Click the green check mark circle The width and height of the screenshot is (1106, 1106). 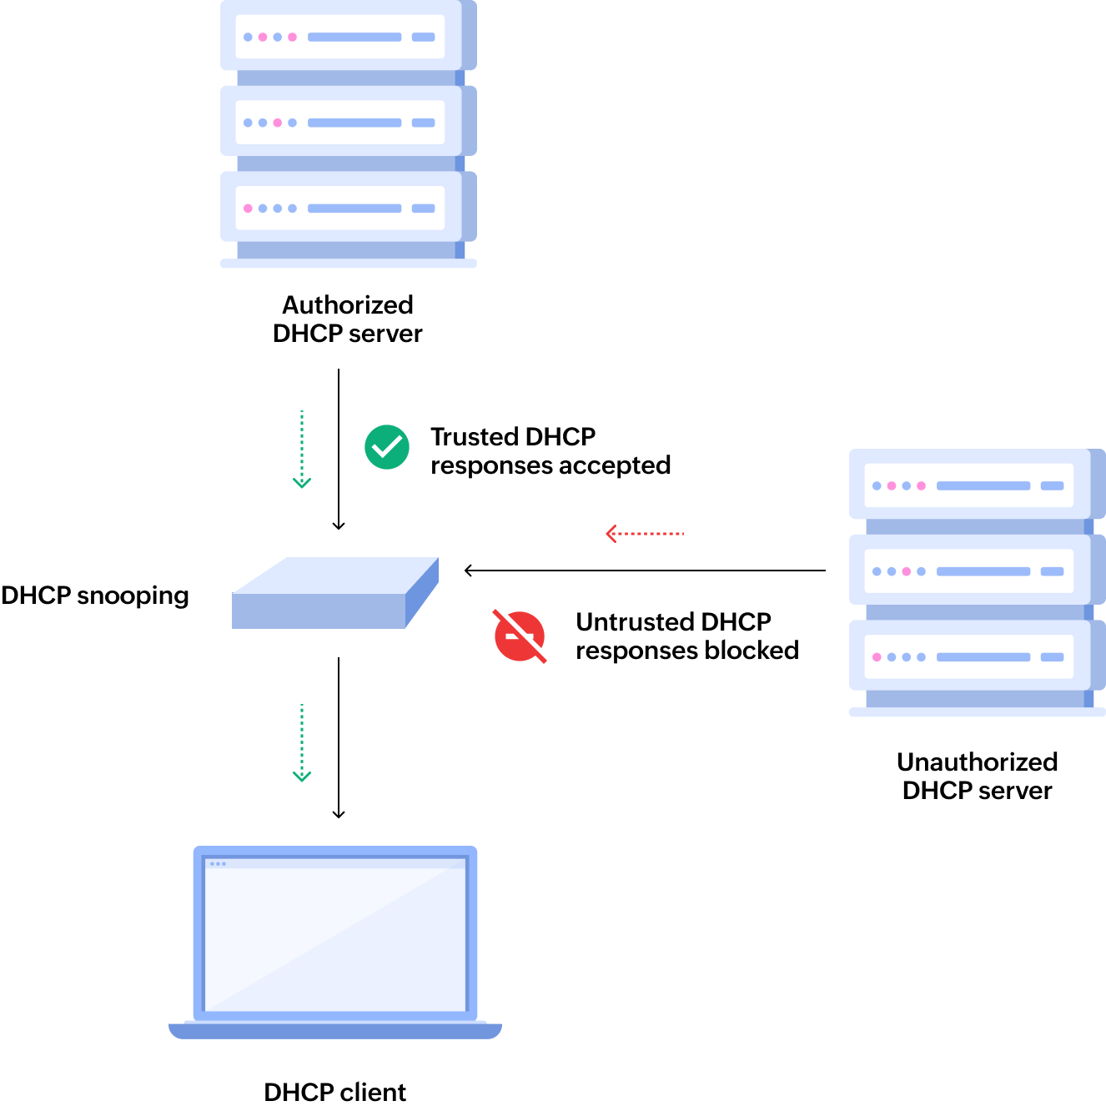387,447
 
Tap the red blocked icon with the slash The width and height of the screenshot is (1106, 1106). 520,636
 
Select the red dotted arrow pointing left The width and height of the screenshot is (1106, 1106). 645,534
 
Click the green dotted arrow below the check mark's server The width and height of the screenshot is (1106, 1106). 302,449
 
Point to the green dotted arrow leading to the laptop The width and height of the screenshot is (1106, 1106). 302,742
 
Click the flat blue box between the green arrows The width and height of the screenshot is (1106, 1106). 334,594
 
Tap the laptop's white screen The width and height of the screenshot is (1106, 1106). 335,938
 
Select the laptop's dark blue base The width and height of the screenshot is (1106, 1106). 335,1032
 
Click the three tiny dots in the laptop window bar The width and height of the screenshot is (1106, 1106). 218,864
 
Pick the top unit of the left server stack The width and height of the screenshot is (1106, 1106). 340,37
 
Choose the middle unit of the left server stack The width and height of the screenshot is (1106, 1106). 340,123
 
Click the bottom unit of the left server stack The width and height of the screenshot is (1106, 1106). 340,209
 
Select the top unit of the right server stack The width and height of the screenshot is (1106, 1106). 969,485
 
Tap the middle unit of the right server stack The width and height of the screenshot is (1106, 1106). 969,571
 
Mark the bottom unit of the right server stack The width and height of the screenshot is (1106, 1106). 969,657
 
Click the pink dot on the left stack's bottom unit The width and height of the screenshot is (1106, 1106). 248,209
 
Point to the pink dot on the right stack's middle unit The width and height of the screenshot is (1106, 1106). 907,571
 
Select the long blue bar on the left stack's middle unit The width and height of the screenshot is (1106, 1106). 354,123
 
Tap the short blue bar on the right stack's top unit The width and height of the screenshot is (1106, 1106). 1053,485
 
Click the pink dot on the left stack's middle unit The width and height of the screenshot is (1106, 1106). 278,123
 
